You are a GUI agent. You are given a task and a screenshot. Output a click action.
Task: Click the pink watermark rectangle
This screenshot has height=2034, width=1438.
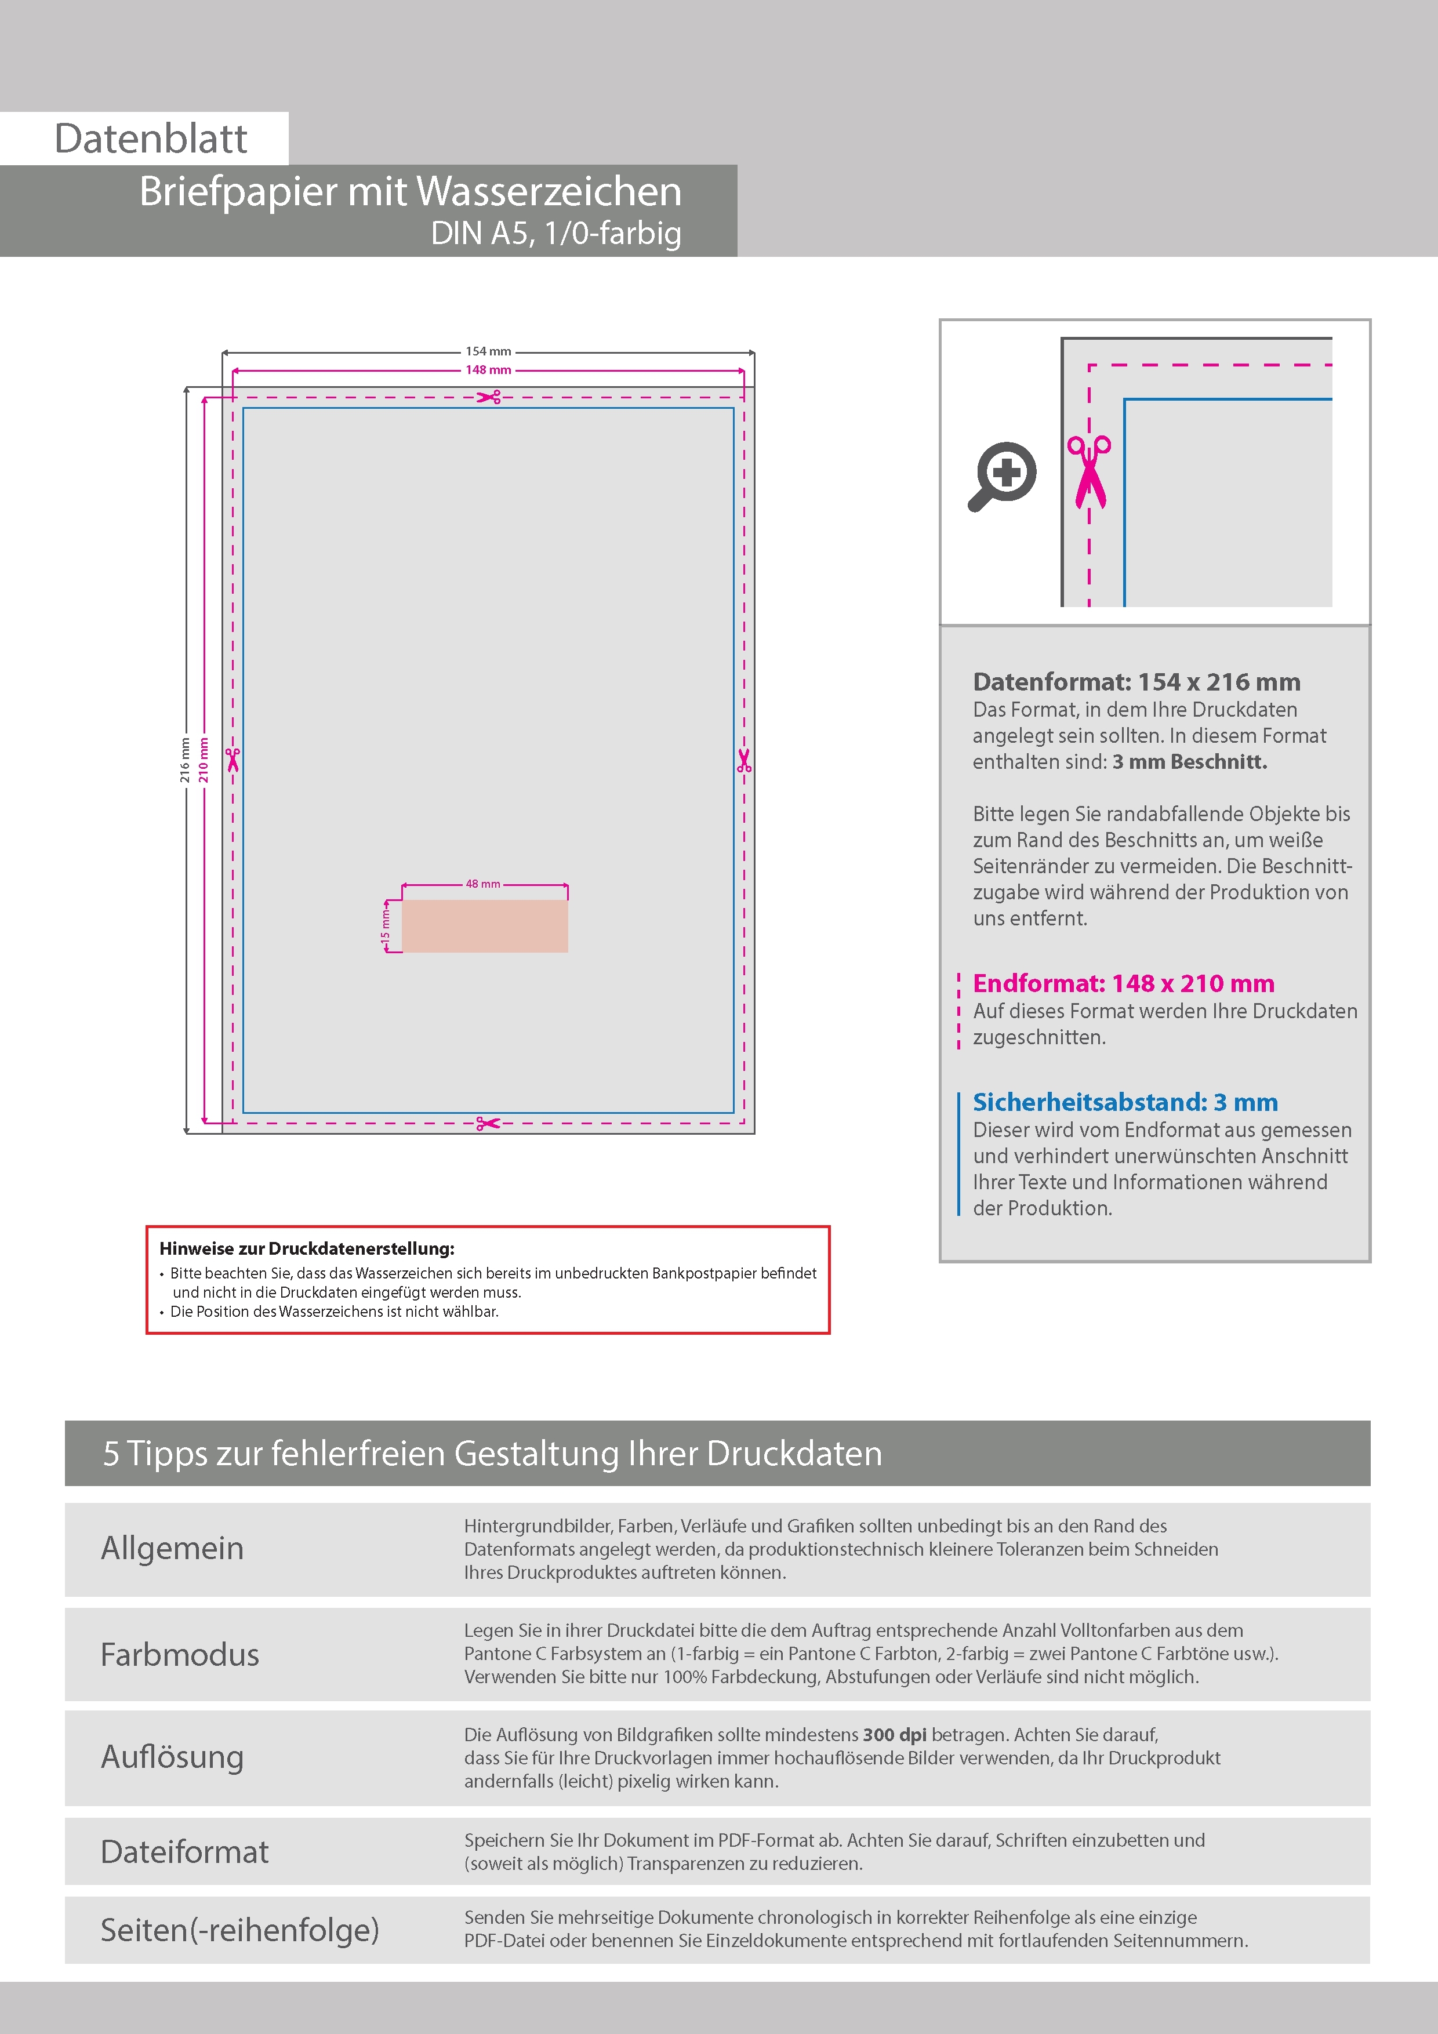485,927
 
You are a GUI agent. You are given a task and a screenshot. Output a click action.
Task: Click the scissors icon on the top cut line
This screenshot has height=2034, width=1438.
489,397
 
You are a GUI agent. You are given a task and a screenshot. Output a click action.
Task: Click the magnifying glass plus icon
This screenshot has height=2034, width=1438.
1002,475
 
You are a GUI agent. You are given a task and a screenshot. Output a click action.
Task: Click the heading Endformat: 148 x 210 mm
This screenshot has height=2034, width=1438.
1124,983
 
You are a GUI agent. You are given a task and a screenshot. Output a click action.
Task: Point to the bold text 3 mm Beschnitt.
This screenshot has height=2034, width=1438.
1190,762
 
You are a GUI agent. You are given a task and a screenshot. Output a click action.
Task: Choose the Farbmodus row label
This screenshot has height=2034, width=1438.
180,1655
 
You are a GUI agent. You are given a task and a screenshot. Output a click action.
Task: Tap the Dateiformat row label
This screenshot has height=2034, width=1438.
184,1851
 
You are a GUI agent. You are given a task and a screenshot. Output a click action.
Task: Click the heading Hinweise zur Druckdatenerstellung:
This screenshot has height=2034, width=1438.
307,1249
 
